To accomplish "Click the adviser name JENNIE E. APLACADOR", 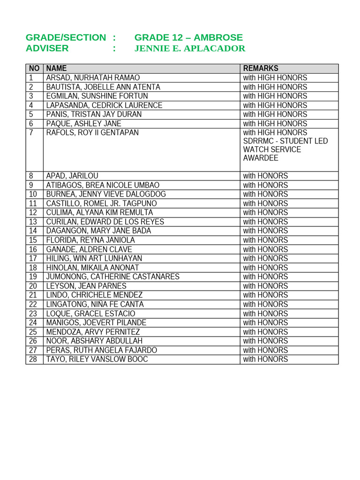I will click(189, 48).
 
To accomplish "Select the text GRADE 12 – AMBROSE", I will click(188, 37).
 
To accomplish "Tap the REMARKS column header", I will click(261, 68).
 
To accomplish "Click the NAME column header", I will click(56, 68).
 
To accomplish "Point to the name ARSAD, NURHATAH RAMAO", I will click(93, 78).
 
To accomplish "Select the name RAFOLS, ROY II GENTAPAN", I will click(92, 133).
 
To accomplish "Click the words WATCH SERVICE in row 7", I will click(272, 150).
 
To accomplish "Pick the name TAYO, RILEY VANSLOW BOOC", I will click(97, 360).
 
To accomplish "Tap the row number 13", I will click(33, 222).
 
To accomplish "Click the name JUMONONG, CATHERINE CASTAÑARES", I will click(112, 277).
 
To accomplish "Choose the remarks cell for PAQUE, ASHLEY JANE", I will click(275, 124).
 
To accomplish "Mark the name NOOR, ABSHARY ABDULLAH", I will click(94, 341).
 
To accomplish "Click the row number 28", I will click(33, 360).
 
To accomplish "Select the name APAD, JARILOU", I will click(72, 176).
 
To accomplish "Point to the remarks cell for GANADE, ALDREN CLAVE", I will click(265, 249).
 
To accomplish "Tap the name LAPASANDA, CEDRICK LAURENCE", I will click(104, 105).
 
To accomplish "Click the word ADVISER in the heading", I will click(47, 48).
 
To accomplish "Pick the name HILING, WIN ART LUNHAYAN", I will click(94, 258).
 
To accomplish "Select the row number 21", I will click(33, 295).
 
